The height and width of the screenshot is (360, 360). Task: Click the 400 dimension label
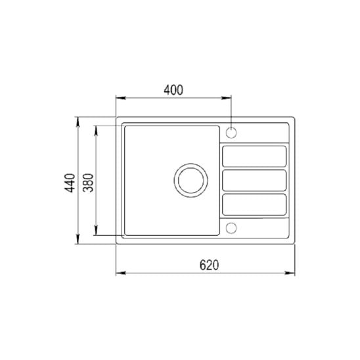173,90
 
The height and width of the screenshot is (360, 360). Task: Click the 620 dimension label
209,265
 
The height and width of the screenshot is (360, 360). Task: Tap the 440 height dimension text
70,183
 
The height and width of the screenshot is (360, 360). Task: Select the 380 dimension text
89,183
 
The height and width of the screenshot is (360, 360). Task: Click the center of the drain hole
191,181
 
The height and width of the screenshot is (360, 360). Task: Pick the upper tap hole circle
231,133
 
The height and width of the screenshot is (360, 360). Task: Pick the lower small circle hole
231,228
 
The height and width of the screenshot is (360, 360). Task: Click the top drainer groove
254,156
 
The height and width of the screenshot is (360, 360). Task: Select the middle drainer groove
254,181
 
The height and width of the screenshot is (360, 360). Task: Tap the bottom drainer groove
254,205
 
